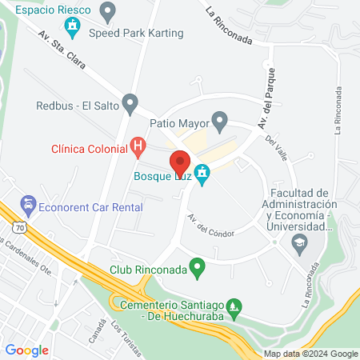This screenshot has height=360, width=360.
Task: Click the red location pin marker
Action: [179, 161]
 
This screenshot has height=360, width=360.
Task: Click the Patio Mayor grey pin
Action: [220, 122]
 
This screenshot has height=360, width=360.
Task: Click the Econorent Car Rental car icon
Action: [28, 206]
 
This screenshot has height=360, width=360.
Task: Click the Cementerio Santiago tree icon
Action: [234, 305]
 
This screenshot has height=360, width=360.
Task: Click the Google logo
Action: [27, 350]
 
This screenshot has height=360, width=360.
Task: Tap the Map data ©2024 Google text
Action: [311, 354]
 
